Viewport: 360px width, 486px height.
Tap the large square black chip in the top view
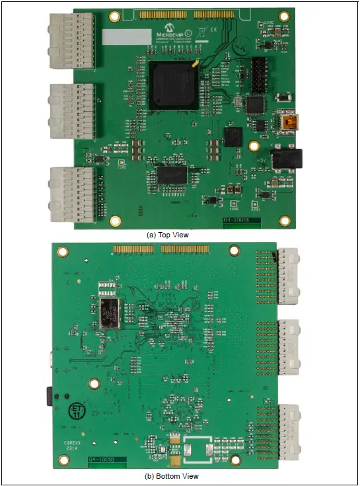[174, 85]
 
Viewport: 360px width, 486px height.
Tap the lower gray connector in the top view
[69, 192]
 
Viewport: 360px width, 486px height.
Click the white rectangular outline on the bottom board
[198, 448]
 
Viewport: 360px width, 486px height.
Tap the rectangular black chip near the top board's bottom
[172, 175]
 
